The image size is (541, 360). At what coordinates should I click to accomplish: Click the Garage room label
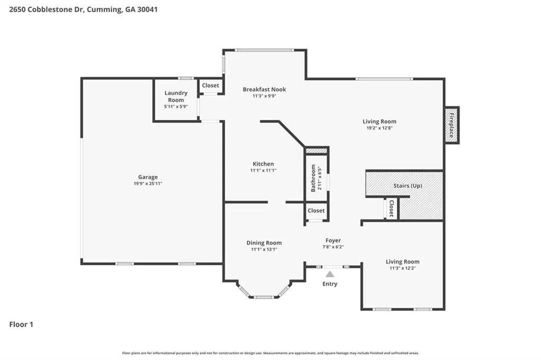(148, 177)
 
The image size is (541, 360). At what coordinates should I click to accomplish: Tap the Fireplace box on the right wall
(451, 125)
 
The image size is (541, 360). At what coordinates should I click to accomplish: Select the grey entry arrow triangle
(330, 274)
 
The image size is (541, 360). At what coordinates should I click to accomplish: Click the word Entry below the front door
(330, 284)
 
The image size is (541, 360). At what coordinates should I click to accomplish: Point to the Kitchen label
(263, 164)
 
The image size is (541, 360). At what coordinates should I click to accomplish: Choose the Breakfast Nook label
(264, 89)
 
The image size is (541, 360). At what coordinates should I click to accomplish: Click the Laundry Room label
(176, 96)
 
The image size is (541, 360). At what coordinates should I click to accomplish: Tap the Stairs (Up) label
(408, 185)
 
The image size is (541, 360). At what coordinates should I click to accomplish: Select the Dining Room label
(264, 243)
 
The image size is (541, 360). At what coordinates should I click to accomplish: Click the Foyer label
(333, 240)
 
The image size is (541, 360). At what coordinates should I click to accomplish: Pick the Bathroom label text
(313, 178)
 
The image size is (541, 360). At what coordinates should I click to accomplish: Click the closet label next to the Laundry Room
(210, 86)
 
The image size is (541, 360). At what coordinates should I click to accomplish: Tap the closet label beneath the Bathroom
(316, 210)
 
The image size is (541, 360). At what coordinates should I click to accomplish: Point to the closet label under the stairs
(391, 209)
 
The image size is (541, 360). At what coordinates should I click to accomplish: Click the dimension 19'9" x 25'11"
(148, 184)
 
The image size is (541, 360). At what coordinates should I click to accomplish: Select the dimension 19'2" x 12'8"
(379, 128)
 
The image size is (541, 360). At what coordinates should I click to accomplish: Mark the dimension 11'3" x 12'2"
(402, 268)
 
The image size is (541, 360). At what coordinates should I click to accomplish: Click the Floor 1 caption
(21, 325)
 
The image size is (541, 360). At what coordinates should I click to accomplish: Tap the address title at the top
(83, 10)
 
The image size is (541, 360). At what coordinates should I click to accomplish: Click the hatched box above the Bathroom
(316, 151)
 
